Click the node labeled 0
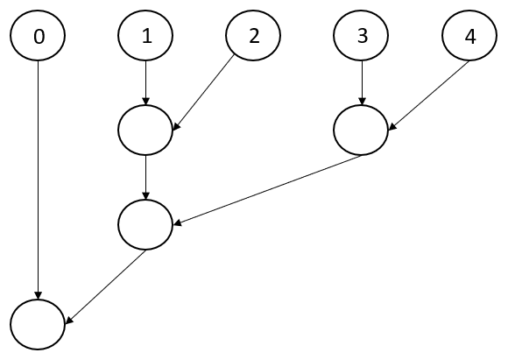click(x=38, y=35)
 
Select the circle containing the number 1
click(x=145, y=35)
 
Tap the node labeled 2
click(x=253, y=35)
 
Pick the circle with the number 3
click(x=361, y=35)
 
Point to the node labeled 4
click(x=469, y=35)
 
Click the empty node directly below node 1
click(x=145, y=130)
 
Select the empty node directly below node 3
click(x=361, y=130)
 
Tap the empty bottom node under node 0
click(x=38, y=325)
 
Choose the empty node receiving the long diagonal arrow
click(x=145, y=224)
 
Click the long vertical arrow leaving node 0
click(x=39, y=180)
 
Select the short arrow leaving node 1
click(x=145, y=82)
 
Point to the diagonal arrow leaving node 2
click(x=203, y=93)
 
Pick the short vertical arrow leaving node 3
click(x=362, y=82)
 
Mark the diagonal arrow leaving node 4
click(x=428, y=95)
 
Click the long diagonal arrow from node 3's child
click(x=268, y=189)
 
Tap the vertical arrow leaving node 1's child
click(x=145, y=178)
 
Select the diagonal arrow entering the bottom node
click(x=106, y=286)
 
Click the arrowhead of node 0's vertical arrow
click(x=39, y=295)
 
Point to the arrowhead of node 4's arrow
click(x=392, y=127)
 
